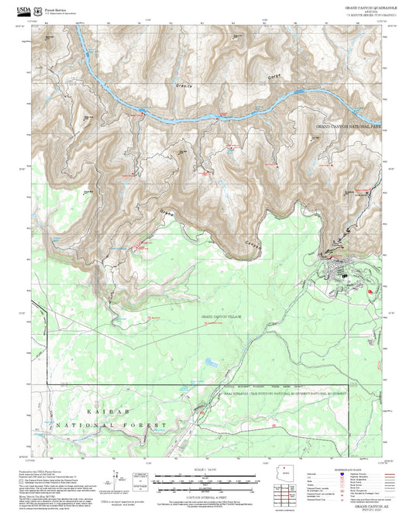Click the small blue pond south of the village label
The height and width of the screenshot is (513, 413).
[x=212, y=361]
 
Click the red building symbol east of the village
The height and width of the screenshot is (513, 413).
[x=370, y=291]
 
